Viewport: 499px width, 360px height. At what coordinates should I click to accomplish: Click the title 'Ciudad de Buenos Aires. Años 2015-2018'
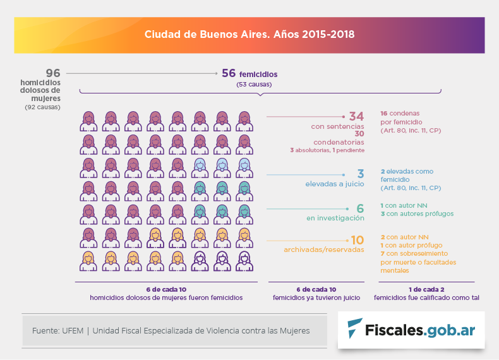click(x=249, y=34)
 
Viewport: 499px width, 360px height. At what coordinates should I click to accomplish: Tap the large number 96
click(x=52, y=73)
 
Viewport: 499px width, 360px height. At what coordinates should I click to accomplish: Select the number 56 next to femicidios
click(x=229, y=73)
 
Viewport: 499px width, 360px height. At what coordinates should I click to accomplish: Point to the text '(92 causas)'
click(x=42, y=107)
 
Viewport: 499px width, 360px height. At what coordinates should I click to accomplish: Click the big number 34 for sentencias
click(x=356, y=117)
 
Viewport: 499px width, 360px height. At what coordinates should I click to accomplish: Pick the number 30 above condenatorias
click(x=359, y=134)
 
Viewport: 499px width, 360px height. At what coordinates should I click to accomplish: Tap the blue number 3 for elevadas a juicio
click(x=360, y=174)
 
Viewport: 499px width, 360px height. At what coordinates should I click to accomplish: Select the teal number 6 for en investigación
click(x=360, y=208)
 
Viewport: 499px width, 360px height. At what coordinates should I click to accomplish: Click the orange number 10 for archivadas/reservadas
click(x=357, y=240)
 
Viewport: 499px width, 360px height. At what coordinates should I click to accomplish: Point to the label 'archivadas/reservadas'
click(x=324, y=249)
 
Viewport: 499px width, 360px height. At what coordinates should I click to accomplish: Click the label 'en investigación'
click(x=335, y=218)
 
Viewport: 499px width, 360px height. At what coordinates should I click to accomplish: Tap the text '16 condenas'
click(x=400, y=113)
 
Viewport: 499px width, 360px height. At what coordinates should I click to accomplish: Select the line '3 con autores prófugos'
click(x=417, y=213)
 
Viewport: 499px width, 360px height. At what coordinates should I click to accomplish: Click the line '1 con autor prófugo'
click(x=411, y=245)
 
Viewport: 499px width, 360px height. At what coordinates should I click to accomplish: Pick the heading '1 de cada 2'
click(x=426, y=289)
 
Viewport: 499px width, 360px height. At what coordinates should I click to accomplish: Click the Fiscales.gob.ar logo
click(x=411, y=328)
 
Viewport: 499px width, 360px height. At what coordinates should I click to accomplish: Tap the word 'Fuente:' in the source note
click(x=45, y=330)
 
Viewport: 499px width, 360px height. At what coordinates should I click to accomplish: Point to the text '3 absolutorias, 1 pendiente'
click(x=327, y=150)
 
